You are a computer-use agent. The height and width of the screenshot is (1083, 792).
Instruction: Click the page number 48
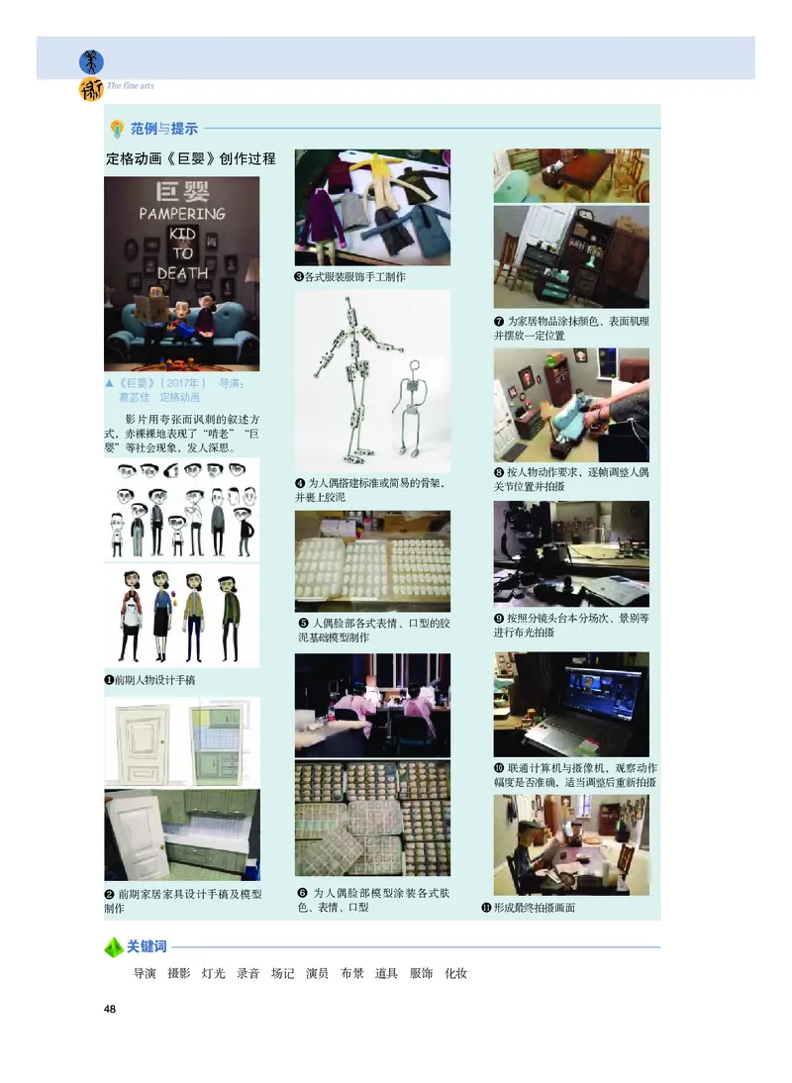point(110,1009)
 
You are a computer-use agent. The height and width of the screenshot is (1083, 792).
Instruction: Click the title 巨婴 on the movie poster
point(181,192)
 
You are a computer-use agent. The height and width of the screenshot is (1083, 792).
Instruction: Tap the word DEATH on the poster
point(181,272)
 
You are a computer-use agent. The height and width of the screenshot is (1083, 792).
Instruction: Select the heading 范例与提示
point(164,128)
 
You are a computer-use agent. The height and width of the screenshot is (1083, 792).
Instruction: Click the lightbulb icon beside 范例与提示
point(118,129)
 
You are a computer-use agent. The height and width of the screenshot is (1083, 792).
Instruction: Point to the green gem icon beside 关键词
point(114,947)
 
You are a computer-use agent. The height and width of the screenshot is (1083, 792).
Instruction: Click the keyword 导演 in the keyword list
point(145,973)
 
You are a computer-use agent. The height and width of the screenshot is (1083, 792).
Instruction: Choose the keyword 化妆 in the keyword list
point(455,973)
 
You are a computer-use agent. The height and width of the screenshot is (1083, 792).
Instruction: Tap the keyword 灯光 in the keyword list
point(214,973)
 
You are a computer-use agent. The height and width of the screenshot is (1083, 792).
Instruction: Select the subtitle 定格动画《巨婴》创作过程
point(190,158)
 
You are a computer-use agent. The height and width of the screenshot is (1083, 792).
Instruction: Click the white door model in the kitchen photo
point(138,837)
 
